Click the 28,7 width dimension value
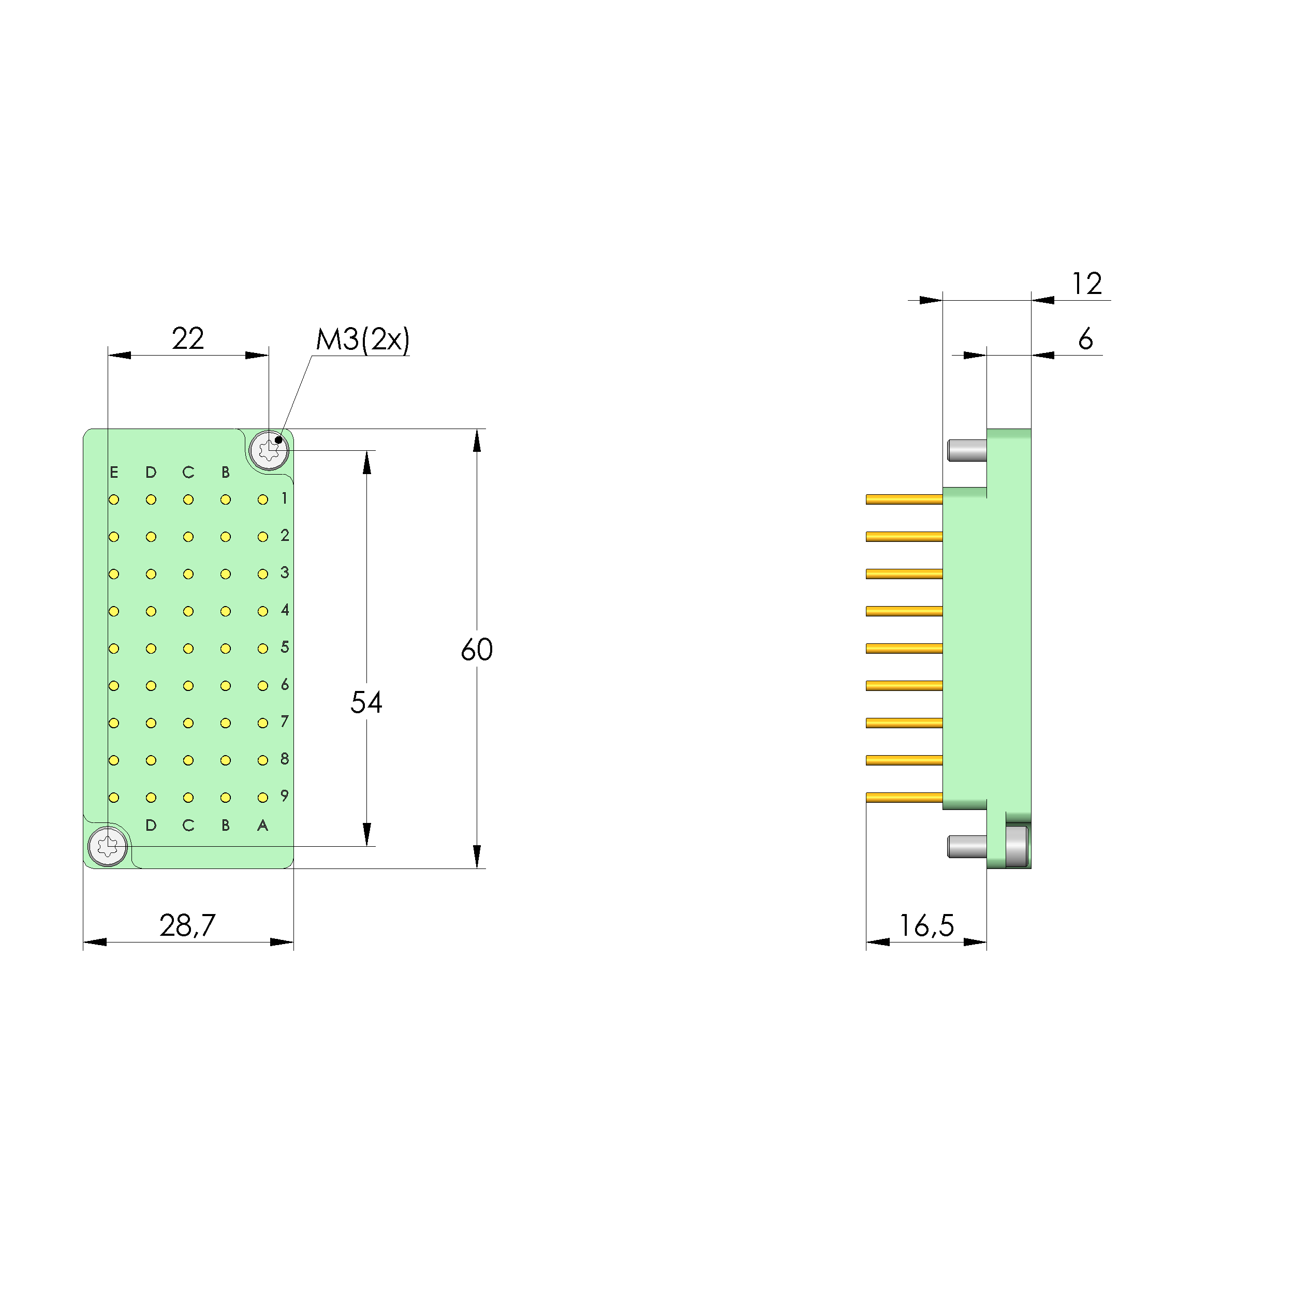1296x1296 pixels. [187, 926]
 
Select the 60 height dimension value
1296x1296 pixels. [476, 650]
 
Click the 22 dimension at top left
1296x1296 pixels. [187, 339]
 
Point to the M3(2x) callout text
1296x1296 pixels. [362, 340]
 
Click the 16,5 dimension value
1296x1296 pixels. [926, 926]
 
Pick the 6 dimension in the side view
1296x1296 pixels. [1085, 340]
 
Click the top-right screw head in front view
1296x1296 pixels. [269, 449]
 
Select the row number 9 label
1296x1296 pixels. [285, 796]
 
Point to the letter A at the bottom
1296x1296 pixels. [262, 826]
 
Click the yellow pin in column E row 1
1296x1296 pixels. [114, 500]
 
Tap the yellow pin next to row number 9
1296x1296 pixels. [262, 798]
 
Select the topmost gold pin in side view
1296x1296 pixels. [904, 499]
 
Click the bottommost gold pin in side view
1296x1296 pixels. [904, 798]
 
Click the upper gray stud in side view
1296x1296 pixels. [967, 450]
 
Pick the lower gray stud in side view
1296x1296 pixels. [967, 847]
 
